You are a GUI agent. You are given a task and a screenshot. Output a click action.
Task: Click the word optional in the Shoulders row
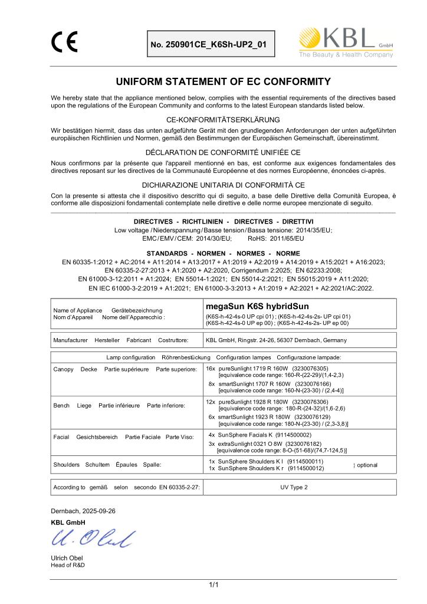coord(367,465)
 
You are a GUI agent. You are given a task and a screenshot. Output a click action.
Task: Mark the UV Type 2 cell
coord(294,488)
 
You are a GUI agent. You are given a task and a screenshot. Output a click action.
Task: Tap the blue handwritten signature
coord(86,537)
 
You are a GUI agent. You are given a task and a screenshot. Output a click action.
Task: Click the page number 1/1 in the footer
coord(213,585)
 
